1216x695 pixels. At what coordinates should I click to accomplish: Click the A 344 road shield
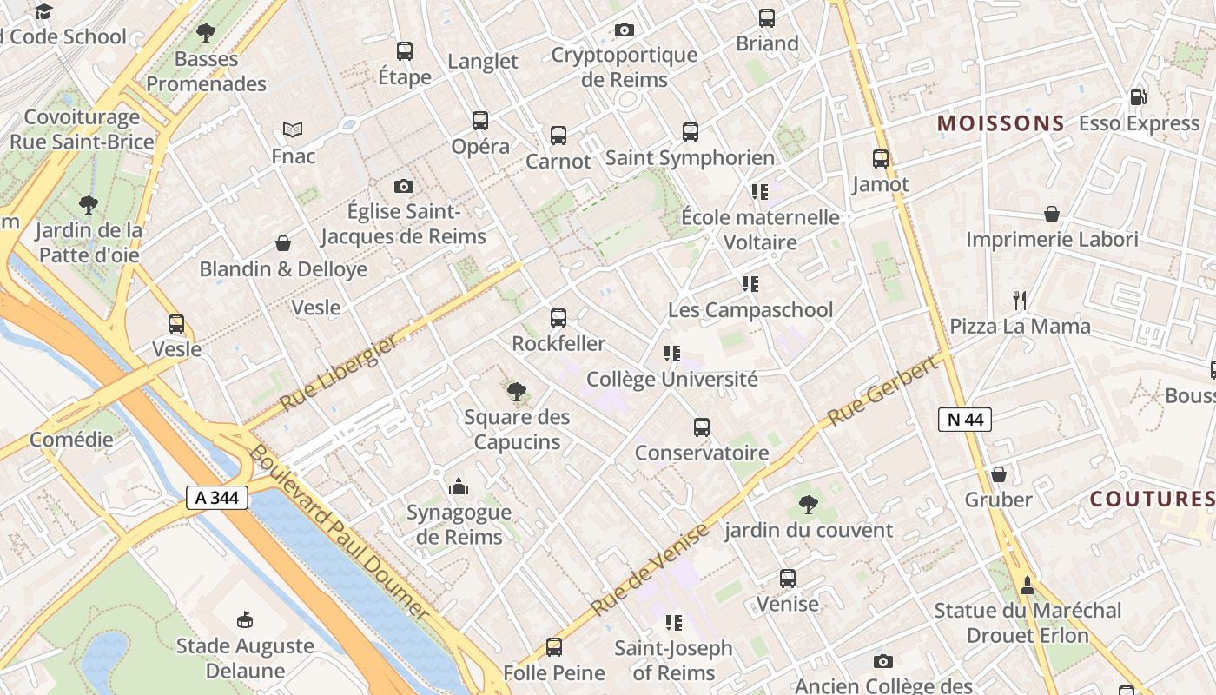pyautogui.click(x=217, y=498)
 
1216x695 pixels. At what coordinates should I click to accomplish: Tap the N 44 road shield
pyautogui.click(x=965, y=420)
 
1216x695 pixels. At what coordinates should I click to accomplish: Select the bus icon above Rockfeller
pyautogui.click(x=558, y=318)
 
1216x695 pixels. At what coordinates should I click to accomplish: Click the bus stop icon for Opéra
pyautogui.click(x=480, y=121)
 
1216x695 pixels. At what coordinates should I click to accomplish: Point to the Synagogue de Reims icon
pyautogui.click(x=459, y=486)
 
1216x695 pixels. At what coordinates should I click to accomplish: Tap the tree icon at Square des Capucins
pyautogui.click(x=517, y=392)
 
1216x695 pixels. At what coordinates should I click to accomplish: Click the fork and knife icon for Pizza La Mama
pyautogui.click(x=1020, y=301)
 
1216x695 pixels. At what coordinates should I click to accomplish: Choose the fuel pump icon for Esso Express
pyautogui.click(x=1138, y=97)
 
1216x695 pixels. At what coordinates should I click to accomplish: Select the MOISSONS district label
pyautogui.click(x=1001, y=123)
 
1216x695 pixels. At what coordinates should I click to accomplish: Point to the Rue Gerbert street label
pyautogui.click(x=883, y=390)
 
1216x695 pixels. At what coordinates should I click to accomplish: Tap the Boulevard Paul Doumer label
pyautogui.click(x=339, y=532)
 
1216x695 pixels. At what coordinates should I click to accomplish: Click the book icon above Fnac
pyautogui.click(x=293, y=130)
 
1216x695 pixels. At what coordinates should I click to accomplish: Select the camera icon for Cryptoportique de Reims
pyautogui.click(x=624, y=30)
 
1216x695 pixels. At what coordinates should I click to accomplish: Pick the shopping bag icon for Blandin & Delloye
pyautogui.click(x=282, y=243)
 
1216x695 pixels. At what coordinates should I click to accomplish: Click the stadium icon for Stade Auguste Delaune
pyautogui.click(x=245, y=620)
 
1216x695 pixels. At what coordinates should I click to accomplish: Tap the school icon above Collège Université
pyautogui.click(x=671, y=354)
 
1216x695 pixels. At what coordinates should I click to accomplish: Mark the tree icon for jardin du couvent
pyautogui.click(x=809, y=504)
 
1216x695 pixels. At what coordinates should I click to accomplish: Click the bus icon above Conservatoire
pyautogui.click(x=702, y=427)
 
